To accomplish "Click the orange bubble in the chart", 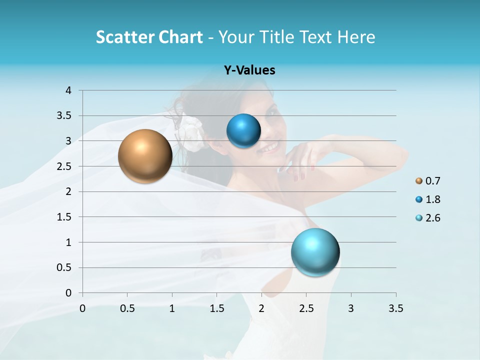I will (145, 156).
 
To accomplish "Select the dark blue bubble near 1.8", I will (243, 131).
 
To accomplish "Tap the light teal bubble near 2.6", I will (315, 252).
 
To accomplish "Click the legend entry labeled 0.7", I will (428, 181).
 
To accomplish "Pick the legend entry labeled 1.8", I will (428, 199).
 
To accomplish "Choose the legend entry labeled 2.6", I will (428, 218).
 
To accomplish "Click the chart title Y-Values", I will (249, 70).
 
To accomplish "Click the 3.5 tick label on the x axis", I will (395, 308).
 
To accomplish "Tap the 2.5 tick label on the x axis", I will (306, 308).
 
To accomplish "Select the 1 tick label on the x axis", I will (172, 308).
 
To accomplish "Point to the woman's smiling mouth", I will (270, 147).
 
